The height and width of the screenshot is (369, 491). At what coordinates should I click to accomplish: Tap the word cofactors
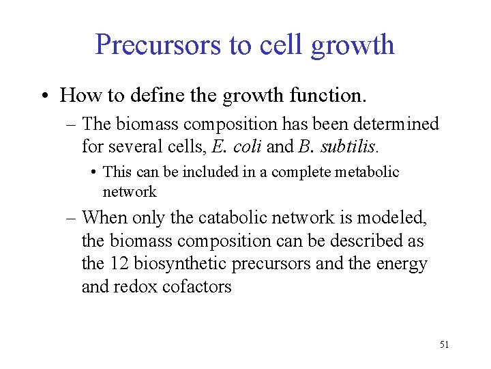tap(197, 287)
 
